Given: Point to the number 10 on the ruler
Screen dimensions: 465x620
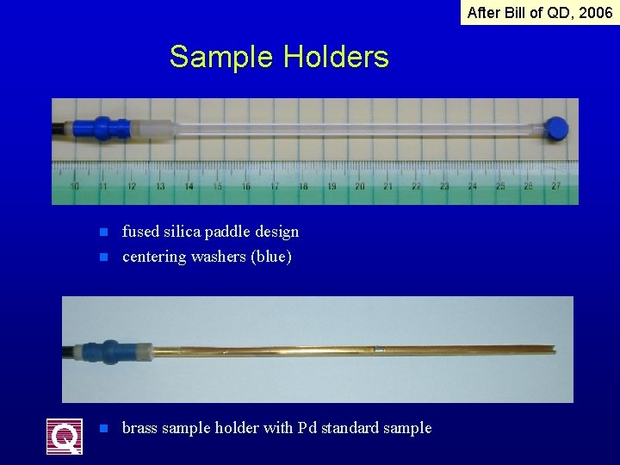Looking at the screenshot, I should click(x=75, y=186).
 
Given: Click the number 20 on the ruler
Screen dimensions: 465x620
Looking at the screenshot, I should click(x=359, y=186).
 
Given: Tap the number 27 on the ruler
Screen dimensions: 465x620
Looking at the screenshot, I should click(x=556, y=186).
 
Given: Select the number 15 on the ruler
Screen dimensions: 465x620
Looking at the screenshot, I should click(x=217, y=186).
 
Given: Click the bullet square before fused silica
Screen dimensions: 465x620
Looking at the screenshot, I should click(x=102, y=232).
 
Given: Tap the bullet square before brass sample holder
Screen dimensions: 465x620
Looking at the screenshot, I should click(x=102, y=428).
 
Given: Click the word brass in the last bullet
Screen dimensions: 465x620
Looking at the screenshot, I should click(x=140, y=428).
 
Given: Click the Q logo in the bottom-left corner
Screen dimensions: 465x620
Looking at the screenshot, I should click(x=65, y=436).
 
